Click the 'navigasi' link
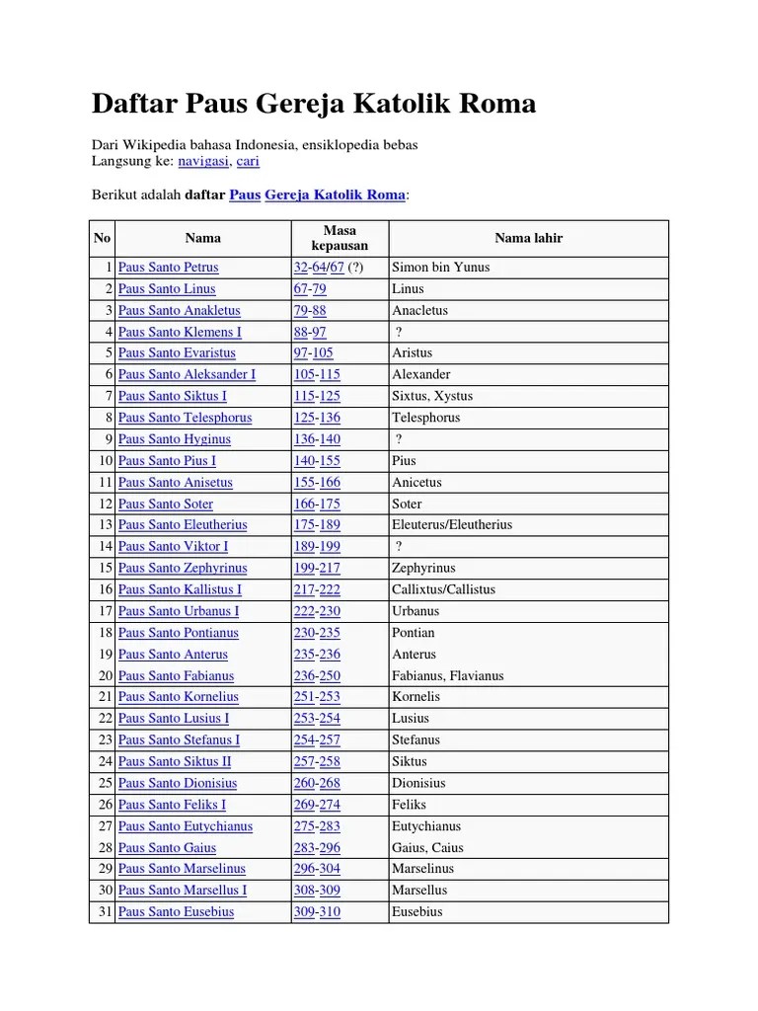203,161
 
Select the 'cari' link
248,161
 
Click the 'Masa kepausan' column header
339,238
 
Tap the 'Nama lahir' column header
528,238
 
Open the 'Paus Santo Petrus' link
168,268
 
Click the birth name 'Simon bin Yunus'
440,268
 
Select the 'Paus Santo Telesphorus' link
185,418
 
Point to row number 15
106,569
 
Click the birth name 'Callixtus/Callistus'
443,589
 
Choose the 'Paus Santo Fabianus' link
176,676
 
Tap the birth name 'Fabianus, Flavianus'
447,676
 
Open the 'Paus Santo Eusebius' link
176,912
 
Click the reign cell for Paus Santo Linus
309,289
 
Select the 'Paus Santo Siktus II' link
175,762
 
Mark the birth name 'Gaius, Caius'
427,848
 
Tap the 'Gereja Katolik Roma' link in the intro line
335,195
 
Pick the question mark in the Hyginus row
399,439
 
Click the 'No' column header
103,238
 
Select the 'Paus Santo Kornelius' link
178,697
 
